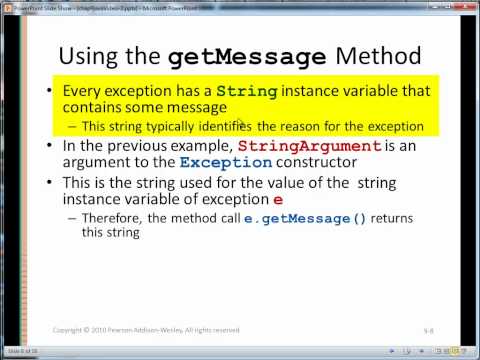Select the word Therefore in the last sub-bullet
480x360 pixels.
point(117,215)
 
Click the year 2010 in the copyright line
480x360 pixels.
point(105,327)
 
